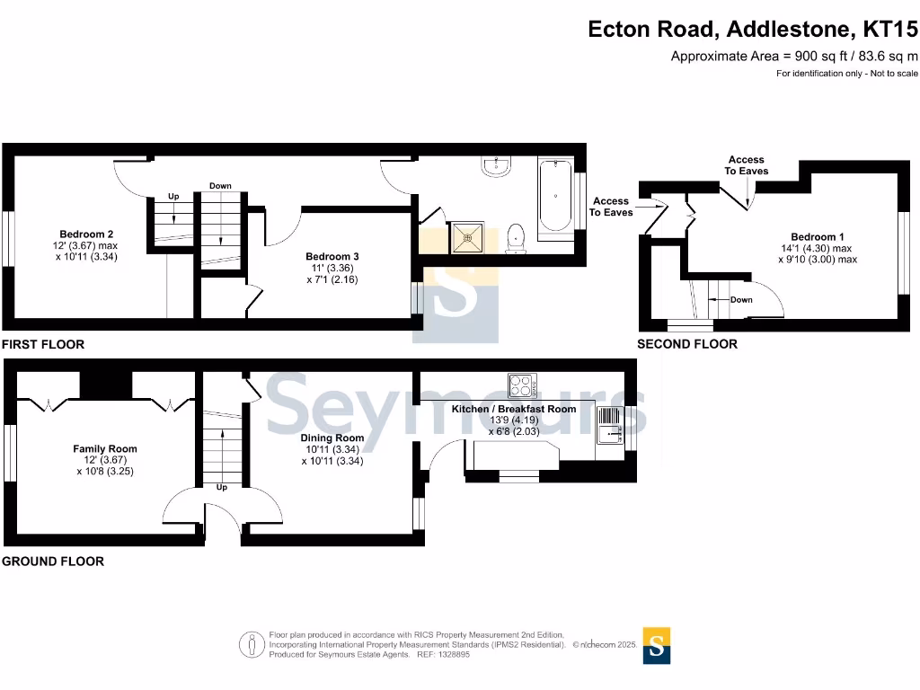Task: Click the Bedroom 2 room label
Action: pyautogui.click(x=85, y=234)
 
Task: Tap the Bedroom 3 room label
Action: pyautogui.click(x=332, y=256)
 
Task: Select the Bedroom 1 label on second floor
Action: pyautogui.click(x=818, y=237)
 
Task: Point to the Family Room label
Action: pyautogui.click(x=105, y=449)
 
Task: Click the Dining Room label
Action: pyautogui.click(x=332, y=438)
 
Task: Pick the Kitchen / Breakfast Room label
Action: pyautogui.click(x=513, y=409)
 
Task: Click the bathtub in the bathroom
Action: pyautogui.click(x=554, y=199)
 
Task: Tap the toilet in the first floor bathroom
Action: pyautogui.click(x=516, y=238)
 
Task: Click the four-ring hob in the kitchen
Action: pyautogui.click(x=522, y=385)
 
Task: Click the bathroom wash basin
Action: pyautogui.click(x=496, y=166)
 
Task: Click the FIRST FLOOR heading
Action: pyautogui.click(x=43, y=344)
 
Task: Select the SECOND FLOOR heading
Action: pyautogui.click(x=687, y=344)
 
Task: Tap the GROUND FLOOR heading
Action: pyautogui.click(x=53, y=562)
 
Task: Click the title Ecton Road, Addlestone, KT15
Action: pyautogui.click(x=753, y=30)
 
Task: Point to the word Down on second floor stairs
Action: pyautogui.click(x=741, y=300)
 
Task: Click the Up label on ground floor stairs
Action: pyautogui.click(x=222, y=488)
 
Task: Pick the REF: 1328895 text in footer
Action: pyautogui.click(x=440, y=654)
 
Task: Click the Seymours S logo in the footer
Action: pyautogui.click(x=657, y=644)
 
